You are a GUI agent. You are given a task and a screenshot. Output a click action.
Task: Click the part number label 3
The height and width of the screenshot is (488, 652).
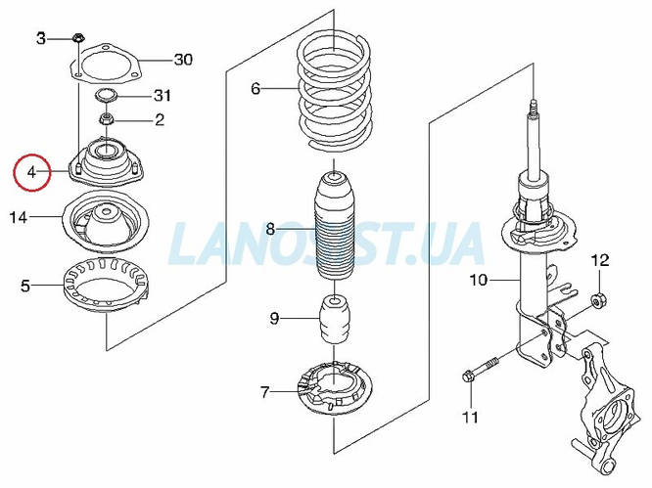[x=41, y=38]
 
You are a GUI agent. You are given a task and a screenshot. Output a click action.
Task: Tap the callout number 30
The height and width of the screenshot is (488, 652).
[x=183, y=60]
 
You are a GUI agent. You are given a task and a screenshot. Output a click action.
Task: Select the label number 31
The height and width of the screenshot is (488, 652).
[x=163, y=96]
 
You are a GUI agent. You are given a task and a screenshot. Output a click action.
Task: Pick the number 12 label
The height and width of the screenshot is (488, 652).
[x=599, y=260]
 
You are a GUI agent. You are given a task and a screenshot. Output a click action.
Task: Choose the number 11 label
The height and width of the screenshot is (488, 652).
[x=470, y=419]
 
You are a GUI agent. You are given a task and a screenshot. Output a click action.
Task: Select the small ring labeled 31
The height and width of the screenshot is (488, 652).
[x=105, y=96]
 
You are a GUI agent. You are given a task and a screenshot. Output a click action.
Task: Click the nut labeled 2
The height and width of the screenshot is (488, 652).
[x=105, y=120]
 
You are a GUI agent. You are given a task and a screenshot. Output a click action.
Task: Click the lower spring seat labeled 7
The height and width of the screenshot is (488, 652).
[x=335, y=392]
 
